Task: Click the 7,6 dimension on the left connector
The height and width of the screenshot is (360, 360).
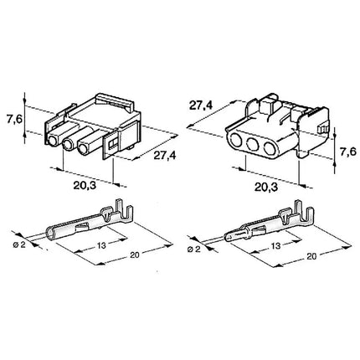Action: click(14, 120)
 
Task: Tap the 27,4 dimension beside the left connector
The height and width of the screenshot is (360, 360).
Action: click(165, 155)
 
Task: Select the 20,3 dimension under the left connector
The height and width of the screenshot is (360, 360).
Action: click(85, 185)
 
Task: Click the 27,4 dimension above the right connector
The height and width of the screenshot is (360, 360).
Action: click(201, 105)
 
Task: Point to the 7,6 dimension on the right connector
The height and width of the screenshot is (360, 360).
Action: click(348, 152)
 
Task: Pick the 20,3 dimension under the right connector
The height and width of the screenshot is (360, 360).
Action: click(266, 188)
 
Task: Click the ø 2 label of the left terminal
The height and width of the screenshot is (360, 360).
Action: click(19, 244)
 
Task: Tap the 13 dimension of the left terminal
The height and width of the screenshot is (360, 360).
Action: click(101, 245)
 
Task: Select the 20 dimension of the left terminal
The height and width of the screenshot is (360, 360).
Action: click(135, 254)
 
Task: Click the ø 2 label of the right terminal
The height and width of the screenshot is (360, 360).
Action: click(194, 249)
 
